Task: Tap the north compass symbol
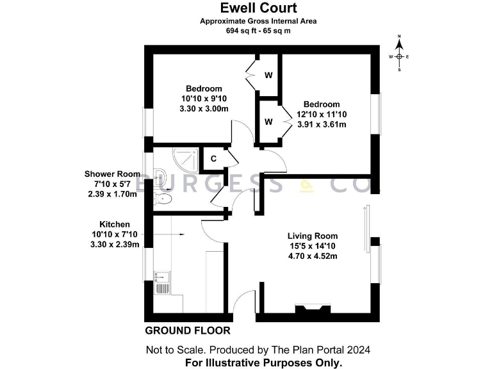coord(399,56)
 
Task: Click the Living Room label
coord(312,236)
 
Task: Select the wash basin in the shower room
coord(160,177)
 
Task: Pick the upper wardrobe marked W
coord(268,75)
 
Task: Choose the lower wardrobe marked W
coord(268,121)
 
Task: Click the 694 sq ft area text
coord(258,31)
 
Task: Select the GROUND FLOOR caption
coord(187,331)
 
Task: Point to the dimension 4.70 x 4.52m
coord(312,256)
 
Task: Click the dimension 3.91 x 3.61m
coord(322,124)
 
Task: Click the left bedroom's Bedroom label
coord(204,88)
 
